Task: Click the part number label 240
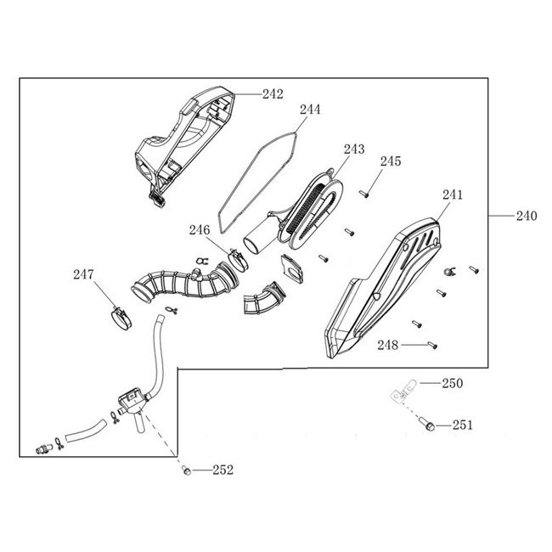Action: tap(527, 216)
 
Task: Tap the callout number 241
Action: tap(453, 194)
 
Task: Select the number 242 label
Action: tap(273, 94)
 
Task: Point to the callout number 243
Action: tap(354, 149)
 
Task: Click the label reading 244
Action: tap(310, 110)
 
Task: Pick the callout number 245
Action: tap(391, 161)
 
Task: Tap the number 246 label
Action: tap(200, 230)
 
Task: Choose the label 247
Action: tap(83, 274)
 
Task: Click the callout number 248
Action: tap(388, 346)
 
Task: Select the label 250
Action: tap(453, 383)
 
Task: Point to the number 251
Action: tap(463, 425)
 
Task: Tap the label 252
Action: tap(222, 470)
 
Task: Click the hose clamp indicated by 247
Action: tap(121, 318)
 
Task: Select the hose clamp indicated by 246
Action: tap(238, 260)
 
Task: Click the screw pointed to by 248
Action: tap(432, 346)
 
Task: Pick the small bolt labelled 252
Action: tap(187, 470)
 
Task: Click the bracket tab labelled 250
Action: tap(403, 391)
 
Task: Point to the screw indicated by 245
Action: tap(364, 194)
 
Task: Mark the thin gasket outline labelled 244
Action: tap(257, 182)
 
